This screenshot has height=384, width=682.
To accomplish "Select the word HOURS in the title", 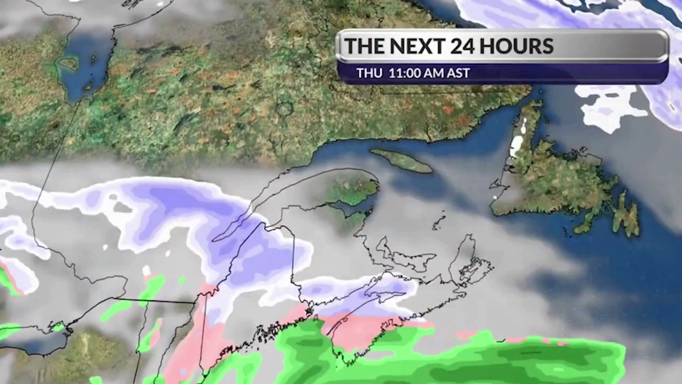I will pyautogui.click(x=519, y=46).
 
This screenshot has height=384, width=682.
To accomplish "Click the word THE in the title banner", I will pyautogui.click(x=365, y=46).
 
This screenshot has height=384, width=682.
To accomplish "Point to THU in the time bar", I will pyautogui.click(x=369, y=73).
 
